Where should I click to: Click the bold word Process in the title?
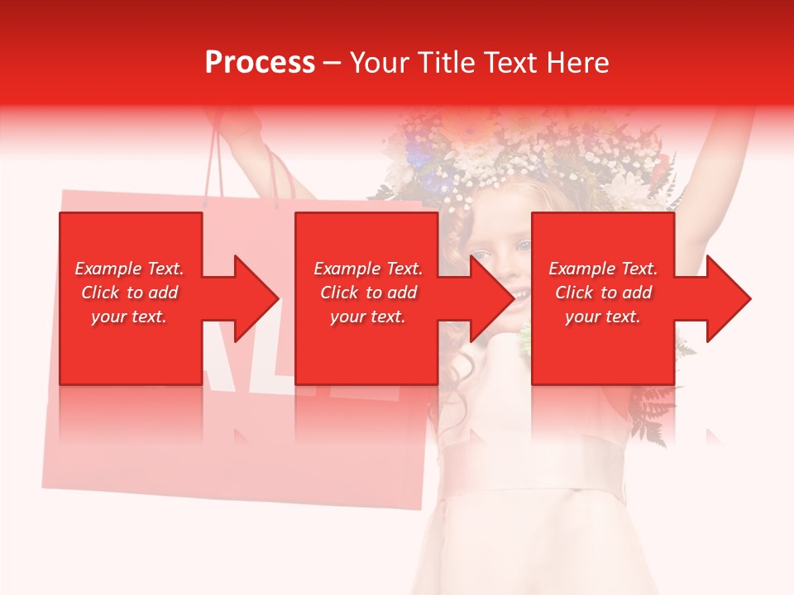(260, 62)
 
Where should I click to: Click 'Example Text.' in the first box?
(129, 269)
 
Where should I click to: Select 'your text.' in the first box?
(129, 317)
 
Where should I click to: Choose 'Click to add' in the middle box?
(368, 293)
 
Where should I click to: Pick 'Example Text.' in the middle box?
(368, 269)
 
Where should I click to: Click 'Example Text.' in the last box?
(603, 269)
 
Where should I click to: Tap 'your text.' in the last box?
(603, 317)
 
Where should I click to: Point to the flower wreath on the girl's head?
(529, 157)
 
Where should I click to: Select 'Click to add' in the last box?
(603, 293)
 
